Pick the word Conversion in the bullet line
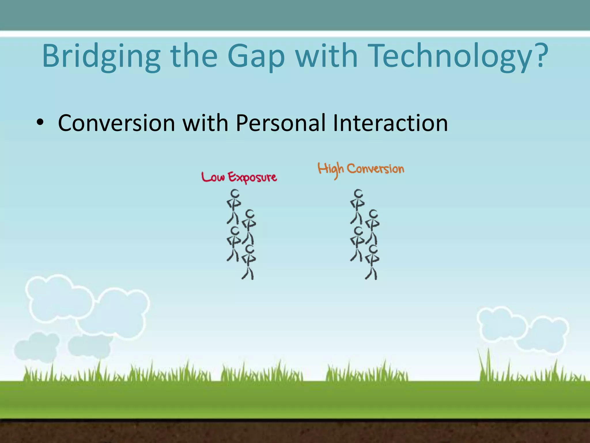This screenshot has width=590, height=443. (116, 123)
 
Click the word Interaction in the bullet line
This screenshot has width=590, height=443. (390, 123)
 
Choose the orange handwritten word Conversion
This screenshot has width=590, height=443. (375, 169)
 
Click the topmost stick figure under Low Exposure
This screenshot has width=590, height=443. (234, 206)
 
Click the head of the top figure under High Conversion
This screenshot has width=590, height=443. (358, 194)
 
